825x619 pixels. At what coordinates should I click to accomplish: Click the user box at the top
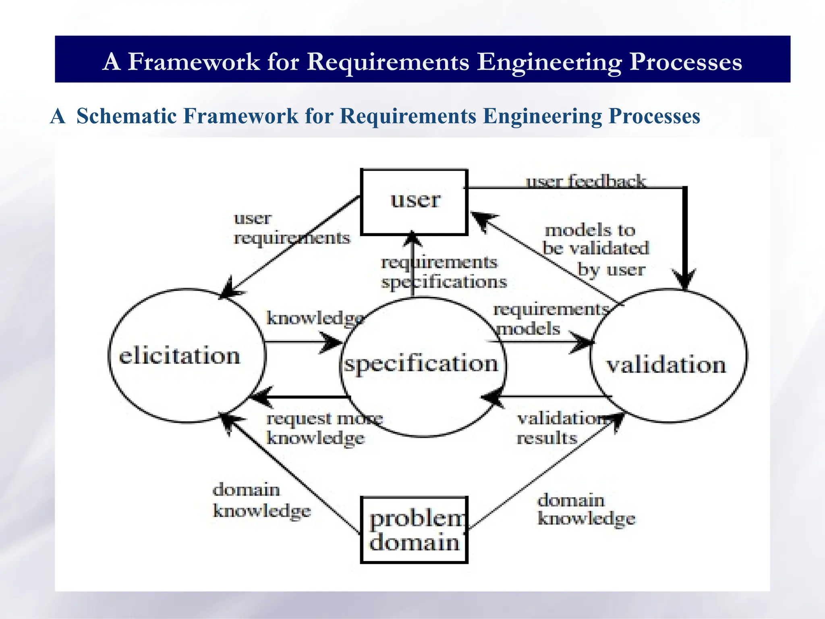tap(414, 202)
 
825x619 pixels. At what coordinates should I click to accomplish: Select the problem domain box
tap(414, 530)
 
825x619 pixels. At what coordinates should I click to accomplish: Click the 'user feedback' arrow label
tap(586, 181)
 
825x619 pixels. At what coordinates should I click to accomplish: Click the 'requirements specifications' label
tap(443, 272)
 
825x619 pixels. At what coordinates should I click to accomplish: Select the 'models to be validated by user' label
tap(595, 250)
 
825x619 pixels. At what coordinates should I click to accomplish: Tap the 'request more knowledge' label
tap(324, 428)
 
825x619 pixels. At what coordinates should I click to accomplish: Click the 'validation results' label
tap(562, 428)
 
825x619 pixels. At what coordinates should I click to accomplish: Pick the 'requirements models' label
tap(550, 319)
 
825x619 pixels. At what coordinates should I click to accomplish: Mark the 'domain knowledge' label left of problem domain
tap(261, 500)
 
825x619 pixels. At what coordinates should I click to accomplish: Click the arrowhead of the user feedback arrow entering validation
tap(685, 280)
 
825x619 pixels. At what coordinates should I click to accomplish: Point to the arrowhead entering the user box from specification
tap(412, 239)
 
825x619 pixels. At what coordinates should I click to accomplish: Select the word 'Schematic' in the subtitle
tap(126, 116)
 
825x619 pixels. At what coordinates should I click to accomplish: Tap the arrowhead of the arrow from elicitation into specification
tap(333, 343)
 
